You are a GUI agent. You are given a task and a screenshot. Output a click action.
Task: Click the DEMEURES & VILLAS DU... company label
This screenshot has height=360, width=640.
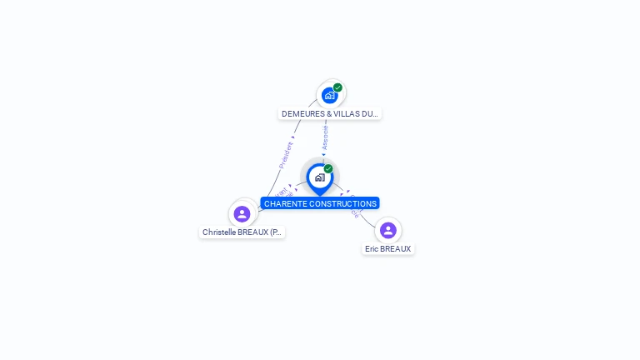tap(330, 113)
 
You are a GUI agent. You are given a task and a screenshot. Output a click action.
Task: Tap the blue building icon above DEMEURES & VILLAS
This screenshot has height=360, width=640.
tap(329, 96)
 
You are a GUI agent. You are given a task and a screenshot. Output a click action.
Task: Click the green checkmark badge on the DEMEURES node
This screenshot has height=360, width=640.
tap(337, 87)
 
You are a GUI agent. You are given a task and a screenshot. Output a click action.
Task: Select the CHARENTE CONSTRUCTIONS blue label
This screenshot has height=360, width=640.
tap(320, 203)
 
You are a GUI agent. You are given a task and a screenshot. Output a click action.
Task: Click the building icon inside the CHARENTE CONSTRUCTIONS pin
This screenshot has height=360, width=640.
tap(319, 177)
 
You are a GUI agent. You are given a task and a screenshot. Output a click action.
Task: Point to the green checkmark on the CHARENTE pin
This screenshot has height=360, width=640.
tap(328, 168)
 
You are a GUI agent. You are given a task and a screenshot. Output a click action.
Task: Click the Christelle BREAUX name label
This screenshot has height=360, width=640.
tap(242, 232)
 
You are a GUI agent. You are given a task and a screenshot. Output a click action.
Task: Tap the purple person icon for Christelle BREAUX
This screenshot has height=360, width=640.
tap(242, 214)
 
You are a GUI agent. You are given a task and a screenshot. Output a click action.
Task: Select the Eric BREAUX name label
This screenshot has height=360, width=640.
tap(388, 248)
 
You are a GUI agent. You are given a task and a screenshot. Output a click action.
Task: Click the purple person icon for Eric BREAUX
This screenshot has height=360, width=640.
tap(387, 230)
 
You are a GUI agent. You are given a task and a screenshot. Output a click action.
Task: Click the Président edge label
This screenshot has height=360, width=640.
tap(285, 155)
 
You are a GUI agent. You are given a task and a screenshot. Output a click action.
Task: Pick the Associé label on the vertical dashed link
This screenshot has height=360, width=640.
tap(325, 137)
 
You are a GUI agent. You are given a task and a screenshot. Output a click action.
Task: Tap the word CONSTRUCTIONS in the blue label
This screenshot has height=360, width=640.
tap(343, 203)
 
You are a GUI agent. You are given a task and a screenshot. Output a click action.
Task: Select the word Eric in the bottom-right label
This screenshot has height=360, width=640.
tap(372, 248)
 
